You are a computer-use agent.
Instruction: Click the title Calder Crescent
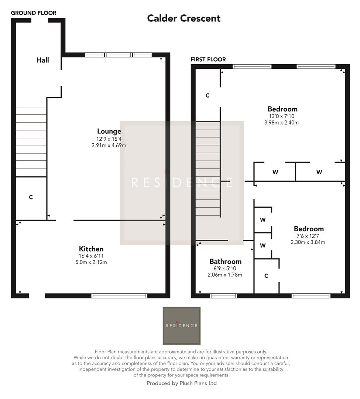point(184,18)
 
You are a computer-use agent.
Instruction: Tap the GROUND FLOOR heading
point(34,13)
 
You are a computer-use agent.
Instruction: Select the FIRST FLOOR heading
point(208,59)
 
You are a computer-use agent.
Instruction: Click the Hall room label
point(42,60)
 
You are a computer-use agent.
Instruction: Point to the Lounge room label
point(109,131)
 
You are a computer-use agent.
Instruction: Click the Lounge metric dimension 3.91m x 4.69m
point(109,145)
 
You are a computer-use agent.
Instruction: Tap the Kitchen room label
point(91,249)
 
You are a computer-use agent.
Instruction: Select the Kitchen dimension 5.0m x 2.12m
point(91,262)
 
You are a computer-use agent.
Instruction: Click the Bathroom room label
point(225,261)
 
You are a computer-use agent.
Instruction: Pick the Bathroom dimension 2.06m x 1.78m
point(225,274)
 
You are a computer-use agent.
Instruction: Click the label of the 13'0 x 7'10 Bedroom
point(282,109)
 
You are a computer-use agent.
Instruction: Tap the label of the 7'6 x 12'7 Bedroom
point(309,229)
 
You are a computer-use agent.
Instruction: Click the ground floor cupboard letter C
point(31,197)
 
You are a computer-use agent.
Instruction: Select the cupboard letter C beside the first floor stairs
point(208,95)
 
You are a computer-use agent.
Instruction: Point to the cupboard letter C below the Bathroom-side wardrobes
point(266,276)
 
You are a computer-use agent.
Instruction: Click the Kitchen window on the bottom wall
point(119,296)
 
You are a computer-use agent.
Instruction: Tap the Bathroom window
point(223,296)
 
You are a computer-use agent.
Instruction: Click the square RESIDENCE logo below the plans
point(182,325)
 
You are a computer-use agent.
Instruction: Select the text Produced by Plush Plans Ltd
point(182,383)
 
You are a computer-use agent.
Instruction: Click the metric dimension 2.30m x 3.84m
point(308,242)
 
